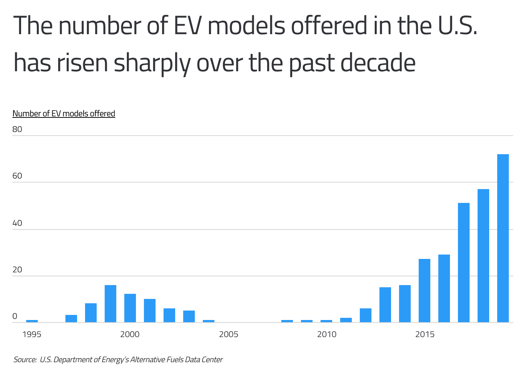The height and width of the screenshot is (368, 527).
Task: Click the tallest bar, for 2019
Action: click(x=503, y=238)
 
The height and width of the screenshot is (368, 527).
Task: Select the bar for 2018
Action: click(x=483, y=256)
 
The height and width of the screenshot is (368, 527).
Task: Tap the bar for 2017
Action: click(x=463, y=263)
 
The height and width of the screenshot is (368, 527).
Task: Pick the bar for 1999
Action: click(x=110, y=304)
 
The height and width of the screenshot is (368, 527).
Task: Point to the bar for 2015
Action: click(x=424, y=291)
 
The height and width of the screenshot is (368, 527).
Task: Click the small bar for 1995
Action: click(x=32, y=321)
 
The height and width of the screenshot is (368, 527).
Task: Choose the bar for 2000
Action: click(x=130, y=308)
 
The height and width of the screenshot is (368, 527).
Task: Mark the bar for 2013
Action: click(x=385, y=305)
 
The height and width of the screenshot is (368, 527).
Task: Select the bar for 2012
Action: click(x=365, y=315)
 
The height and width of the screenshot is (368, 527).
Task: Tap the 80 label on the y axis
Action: click(x=17, y=129)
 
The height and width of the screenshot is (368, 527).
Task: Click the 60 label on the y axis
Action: click(x=17, y=176)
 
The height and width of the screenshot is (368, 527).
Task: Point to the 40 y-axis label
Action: click(x=17, y=223)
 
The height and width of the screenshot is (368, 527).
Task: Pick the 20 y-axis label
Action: click(x=17, y=270)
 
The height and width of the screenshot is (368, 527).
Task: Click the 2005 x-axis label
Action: click(x=229, y=334)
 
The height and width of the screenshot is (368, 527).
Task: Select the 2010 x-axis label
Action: click(x=327, y=334)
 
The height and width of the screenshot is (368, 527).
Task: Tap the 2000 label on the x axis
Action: click(x=130, y=334)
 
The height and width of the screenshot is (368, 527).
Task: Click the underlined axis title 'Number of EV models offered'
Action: click(x=64, y=113)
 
